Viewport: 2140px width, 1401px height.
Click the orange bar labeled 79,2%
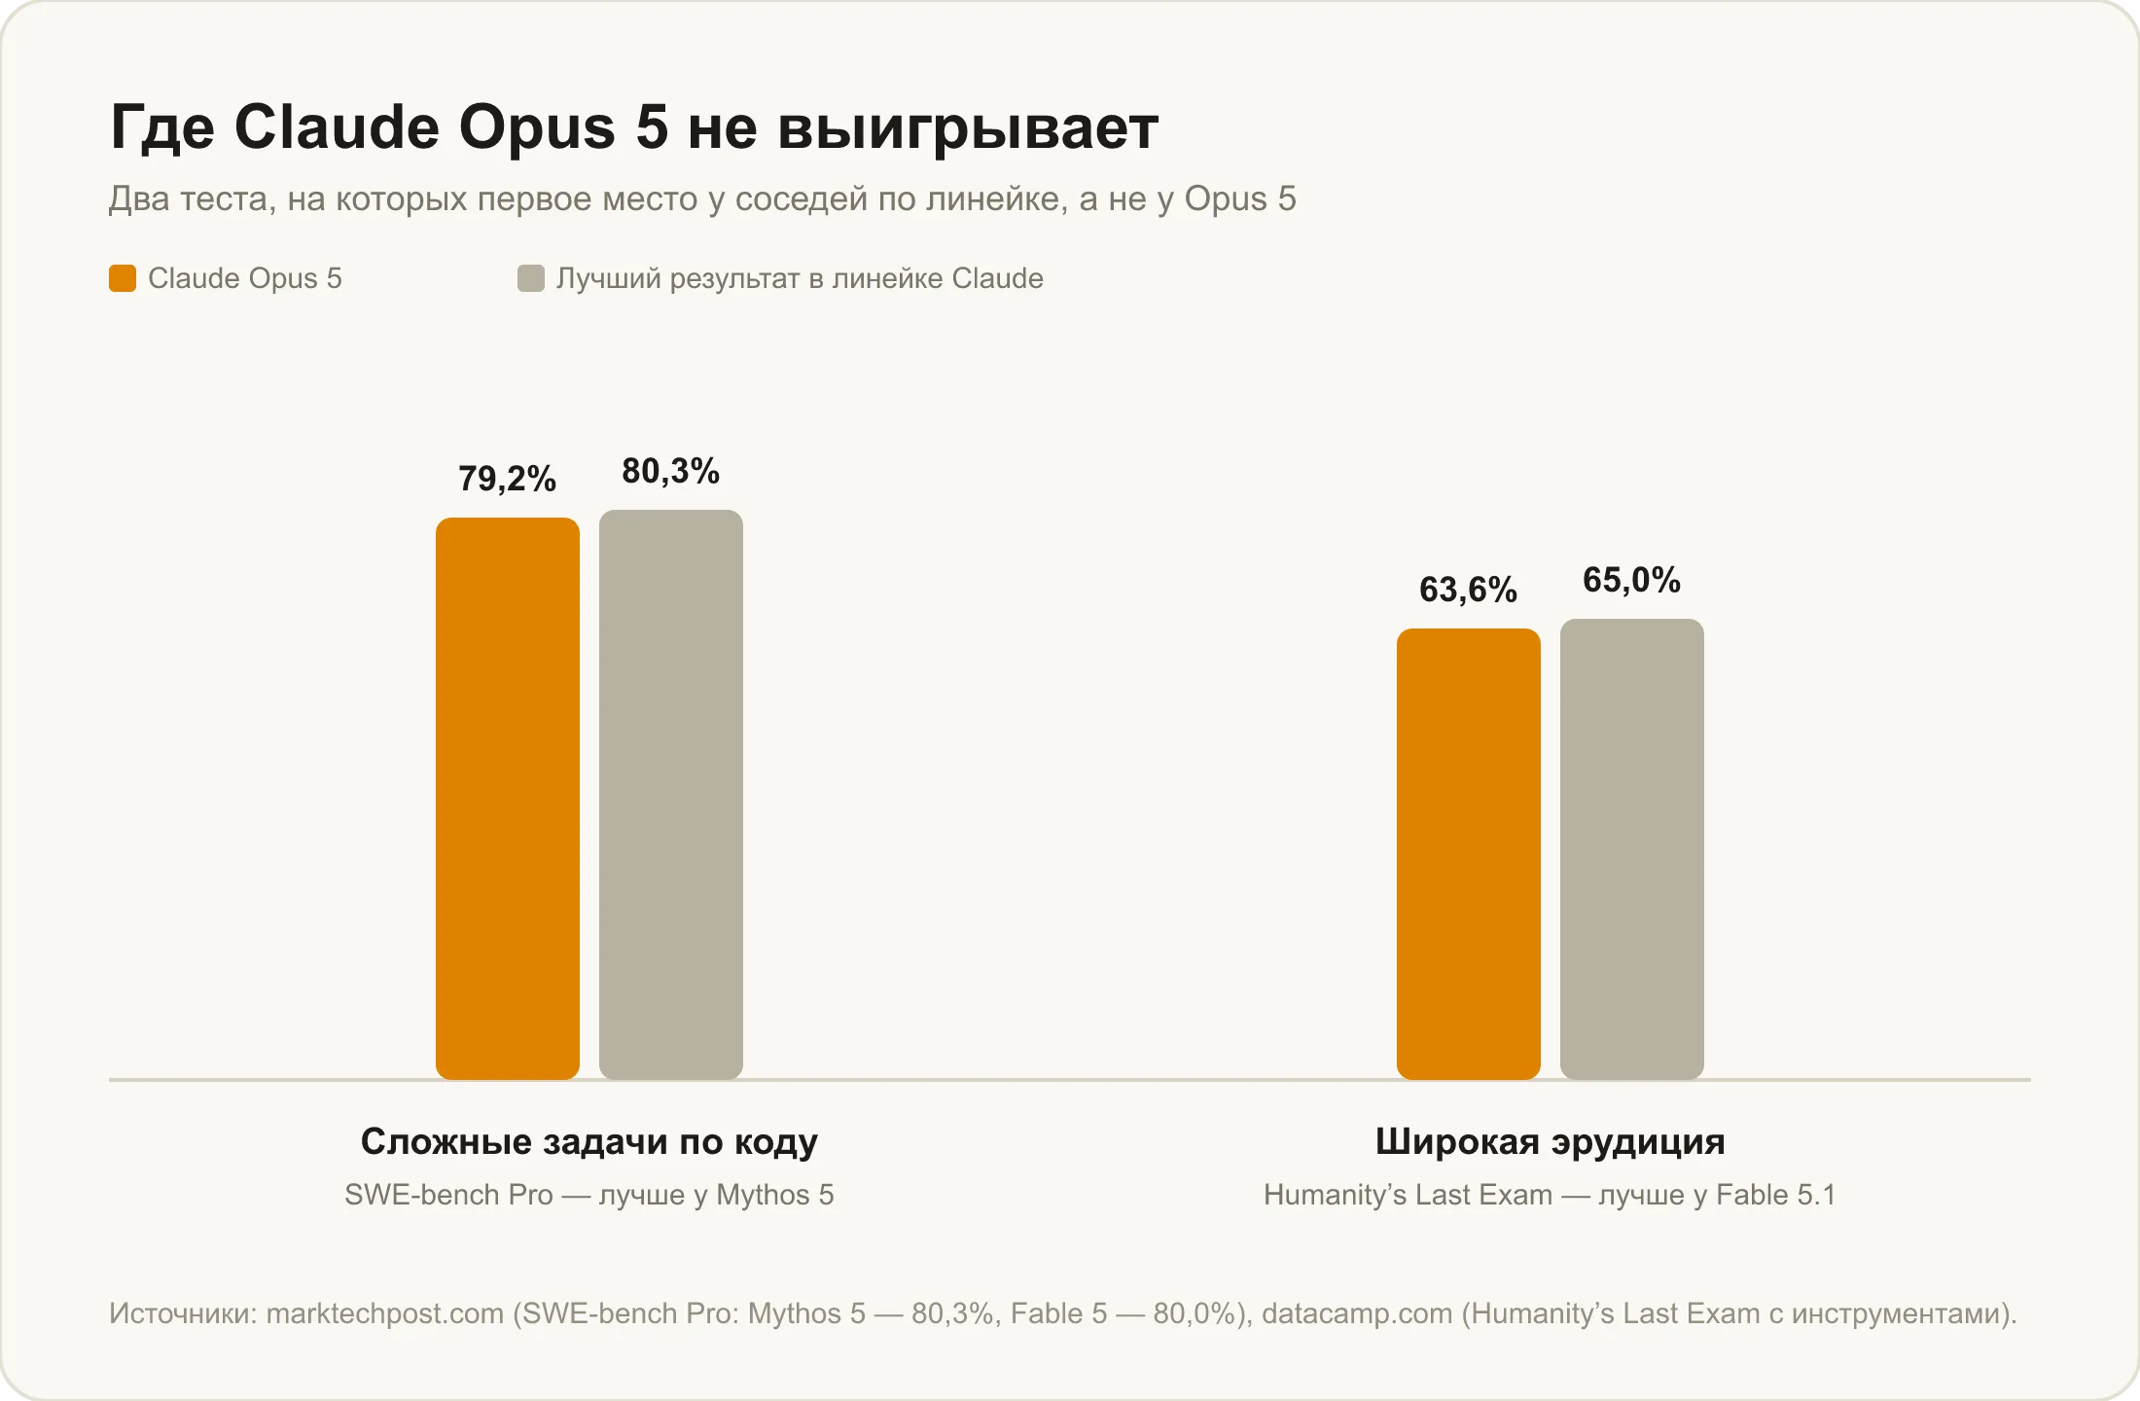pyautogui.click(x=508, y=799)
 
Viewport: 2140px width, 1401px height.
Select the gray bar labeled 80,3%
pyautogui.click(x=671, y=795)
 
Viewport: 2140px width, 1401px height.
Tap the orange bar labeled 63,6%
pyautogui.click(x=1469, y=854)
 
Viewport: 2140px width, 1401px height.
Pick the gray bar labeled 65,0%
pyautogui.click(x=1632, y=849)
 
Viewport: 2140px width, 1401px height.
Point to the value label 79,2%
pyautogui.click(x=508, y=479)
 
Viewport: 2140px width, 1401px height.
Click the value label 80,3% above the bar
pyautogui.click(x=671, y=472)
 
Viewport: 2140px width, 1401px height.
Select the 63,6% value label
pyautogui.click(x=1469, y=590)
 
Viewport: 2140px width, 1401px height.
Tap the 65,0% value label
pyautogui.click(x=1632, y=581)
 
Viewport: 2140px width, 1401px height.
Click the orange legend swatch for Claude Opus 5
pyautogui.click(x=123, y=278)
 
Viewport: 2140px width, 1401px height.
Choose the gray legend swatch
pyautogui.click(x=531, y=278)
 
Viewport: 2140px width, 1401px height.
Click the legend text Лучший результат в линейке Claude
pyautogui.click(x=800, y=279)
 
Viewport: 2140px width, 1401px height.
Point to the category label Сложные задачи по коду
pyautogui.click(x=589, y=1141)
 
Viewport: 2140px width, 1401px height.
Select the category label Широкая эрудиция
pyautogui.click(x=1551, y=1142)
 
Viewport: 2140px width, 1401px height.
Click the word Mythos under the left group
pyautogui.click(x=763, y=1195)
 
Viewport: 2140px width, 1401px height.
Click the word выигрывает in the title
pyautogui.click(x=968, y=127)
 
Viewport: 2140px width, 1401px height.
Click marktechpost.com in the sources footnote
pyautogui.click(x=385, y=1314)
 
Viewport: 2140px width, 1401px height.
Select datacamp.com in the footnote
pyautogui.click(x=1357, y=1314)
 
